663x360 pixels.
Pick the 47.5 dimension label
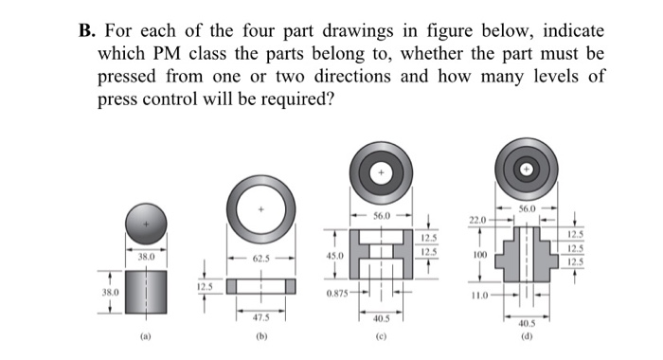pyautogui.click(x=262, y=318)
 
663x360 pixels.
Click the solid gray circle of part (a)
pyautogui.click(x=146, y=224)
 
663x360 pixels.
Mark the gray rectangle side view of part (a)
pyautogui.click(x=146, y=291)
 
